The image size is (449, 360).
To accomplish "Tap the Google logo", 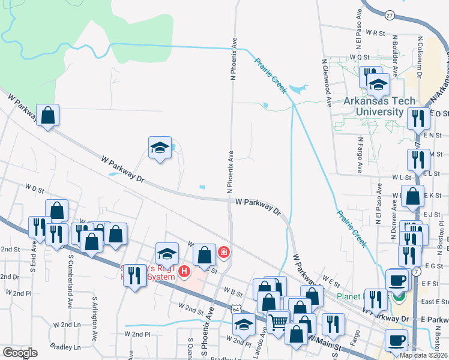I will pyautogui.click(x=20, y=353).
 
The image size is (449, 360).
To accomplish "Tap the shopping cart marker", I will pyautogui.click(x=278, y=323).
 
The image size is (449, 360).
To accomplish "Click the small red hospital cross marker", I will pyautogui.click(x=224, y=252).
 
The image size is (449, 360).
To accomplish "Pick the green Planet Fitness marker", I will pyautogui.click(x=400, y=296).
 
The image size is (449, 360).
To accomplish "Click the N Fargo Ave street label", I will pyautogui.click(x=360, y=155).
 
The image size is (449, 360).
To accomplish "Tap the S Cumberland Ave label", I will pyautogui.click(x=70, y=281).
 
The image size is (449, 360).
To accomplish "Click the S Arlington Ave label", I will pyautogui.click(x=94, y=315).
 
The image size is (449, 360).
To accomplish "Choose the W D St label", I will pyautogui.click(x=35, y=188).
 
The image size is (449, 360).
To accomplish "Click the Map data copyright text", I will pyautogui.click(x=424, y=355).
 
